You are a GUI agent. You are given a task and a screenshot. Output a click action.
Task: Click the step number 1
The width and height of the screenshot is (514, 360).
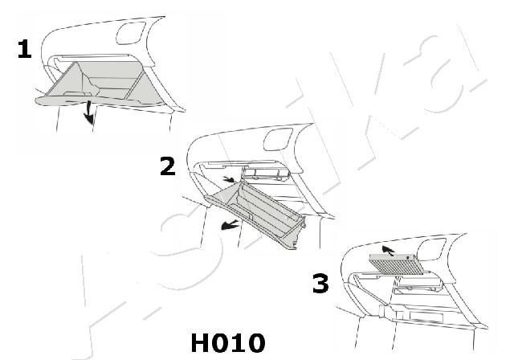point(24,50)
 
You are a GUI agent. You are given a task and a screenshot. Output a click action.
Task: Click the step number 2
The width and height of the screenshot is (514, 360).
point(167,166)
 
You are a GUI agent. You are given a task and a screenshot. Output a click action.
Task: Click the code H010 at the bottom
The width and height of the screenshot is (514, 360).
point(227,343)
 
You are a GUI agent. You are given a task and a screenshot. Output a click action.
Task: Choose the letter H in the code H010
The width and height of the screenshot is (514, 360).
point(199,343)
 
